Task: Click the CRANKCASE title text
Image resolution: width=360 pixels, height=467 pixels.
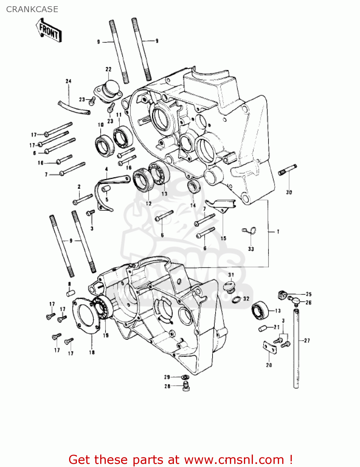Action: click(x=32, y=9)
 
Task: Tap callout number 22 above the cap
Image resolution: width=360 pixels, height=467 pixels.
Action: click(x=108, y=69)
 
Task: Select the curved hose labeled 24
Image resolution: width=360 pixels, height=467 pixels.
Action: click(x=74, y=107)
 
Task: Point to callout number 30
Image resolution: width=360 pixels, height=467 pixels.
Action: click(x=289, y=192)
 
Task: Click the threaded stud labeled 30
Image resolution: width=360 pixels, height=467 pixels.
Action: click(x=288, y=170)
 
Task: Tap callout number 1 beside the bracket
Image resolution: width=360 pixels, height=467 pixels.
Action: click(x=278, y=232)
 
